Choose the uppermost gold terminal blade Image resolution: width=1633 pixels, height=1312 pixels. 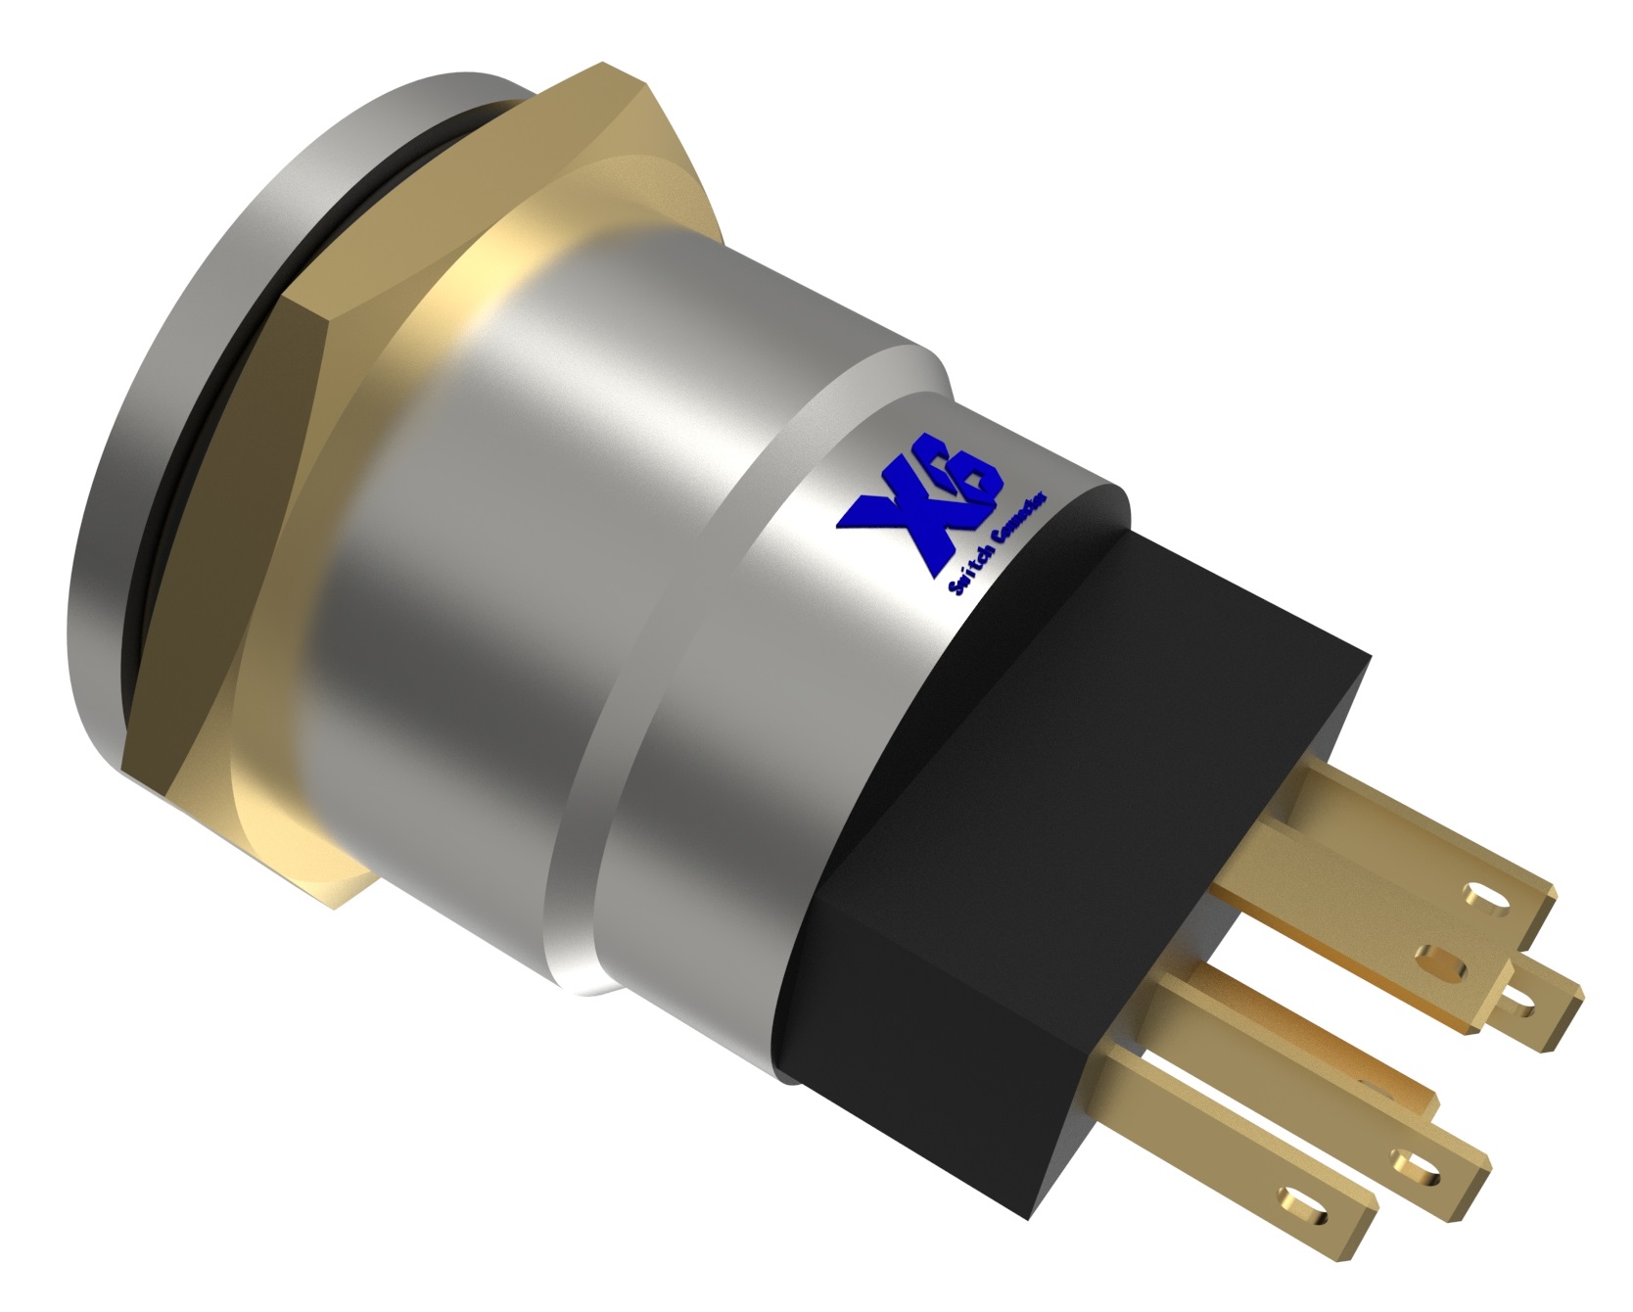tap(1390, 862)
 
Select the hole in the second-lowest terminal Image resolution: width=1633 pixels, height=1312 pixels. tap(1410, 1162)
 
